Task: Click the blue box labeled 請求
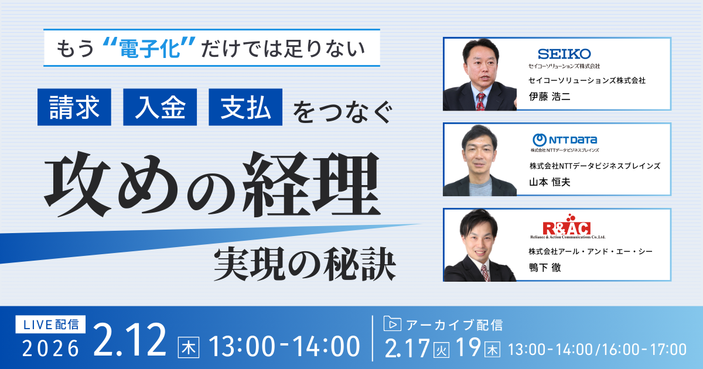74,107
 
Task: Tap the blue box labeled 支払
245,107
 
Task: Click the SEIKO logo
564,54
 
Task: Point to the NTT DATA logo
564,140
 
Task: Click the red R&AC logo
565,227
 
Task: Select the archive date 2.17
408,349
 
